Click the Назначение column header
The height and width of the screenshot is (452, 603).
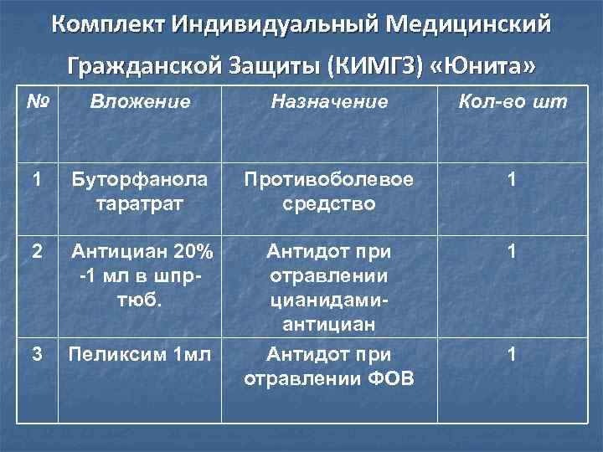click(x=328, y=102)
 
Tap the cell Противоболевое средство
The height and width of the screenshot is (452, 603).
click(x=328, y=192)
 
